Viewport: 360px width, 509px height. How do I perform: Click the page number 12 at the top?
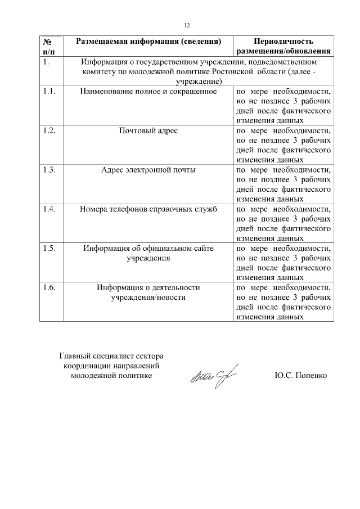[187, 25]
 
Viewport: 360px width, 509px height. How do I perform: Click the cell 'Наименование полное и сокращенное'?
[148, 91]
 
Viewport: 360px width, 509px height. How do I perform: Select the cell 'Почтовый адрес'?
[148, 130]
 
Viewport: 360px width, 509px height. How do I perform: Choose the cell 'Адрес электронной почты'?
[148, 170]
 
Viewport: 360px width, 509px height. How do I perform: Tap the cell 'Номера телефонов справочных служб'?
[148, 209]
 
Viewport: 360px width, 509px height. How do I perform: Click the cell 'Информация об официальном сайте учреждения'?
[148, 253]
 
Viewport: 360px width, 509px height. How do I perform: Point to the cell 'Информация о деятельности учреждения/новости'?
[148, 292]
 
